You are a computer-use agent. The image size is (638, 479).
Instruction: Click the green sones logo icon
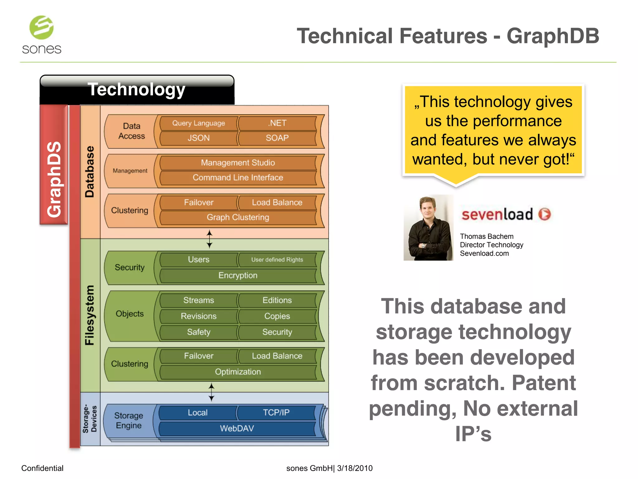(41, 28)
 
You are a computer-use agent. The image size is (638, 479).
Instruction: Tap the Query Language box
(198, 123)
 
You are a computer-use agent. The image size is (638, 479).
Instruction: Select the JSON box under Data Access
(198, 138)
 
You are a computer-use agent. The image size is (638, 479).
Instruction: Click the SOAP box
(277, 138)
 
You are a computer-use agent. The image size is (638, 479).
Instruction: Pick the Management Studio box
(238, 163)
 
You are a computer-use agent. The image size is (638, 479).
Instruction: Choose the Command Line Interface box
(238, 177)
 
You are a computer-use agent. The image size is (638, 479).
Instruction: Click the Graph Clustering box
(238, 217)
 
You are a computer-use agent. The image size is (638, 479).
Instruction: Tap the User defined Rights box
(277, 259)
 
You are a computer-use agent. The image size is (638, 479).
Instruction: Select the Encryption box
(238, 275)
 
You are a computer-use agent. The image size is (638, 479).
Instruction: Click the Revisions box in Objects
(198, 316)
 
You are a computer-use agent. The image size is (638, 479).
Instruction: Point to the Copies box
(277, 316)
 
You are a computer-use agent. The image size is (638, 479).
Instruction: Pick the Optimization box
(238, 372)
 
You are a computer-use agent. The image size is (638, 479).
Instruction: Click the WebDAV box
(237, 428)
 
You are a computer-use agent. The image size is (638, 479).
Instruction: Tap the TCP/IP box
(276, 413)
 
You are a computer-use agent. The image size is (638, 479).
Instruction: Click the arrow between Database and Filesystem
(210, 239)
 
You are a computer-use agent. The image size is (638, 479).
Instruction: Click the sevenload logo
(506, 214)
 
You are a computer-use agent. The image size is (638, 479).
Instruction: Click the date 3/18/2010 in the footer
(355, 468)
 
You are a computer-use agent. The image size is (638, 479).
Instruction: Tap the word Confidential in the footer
(42, 468)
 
